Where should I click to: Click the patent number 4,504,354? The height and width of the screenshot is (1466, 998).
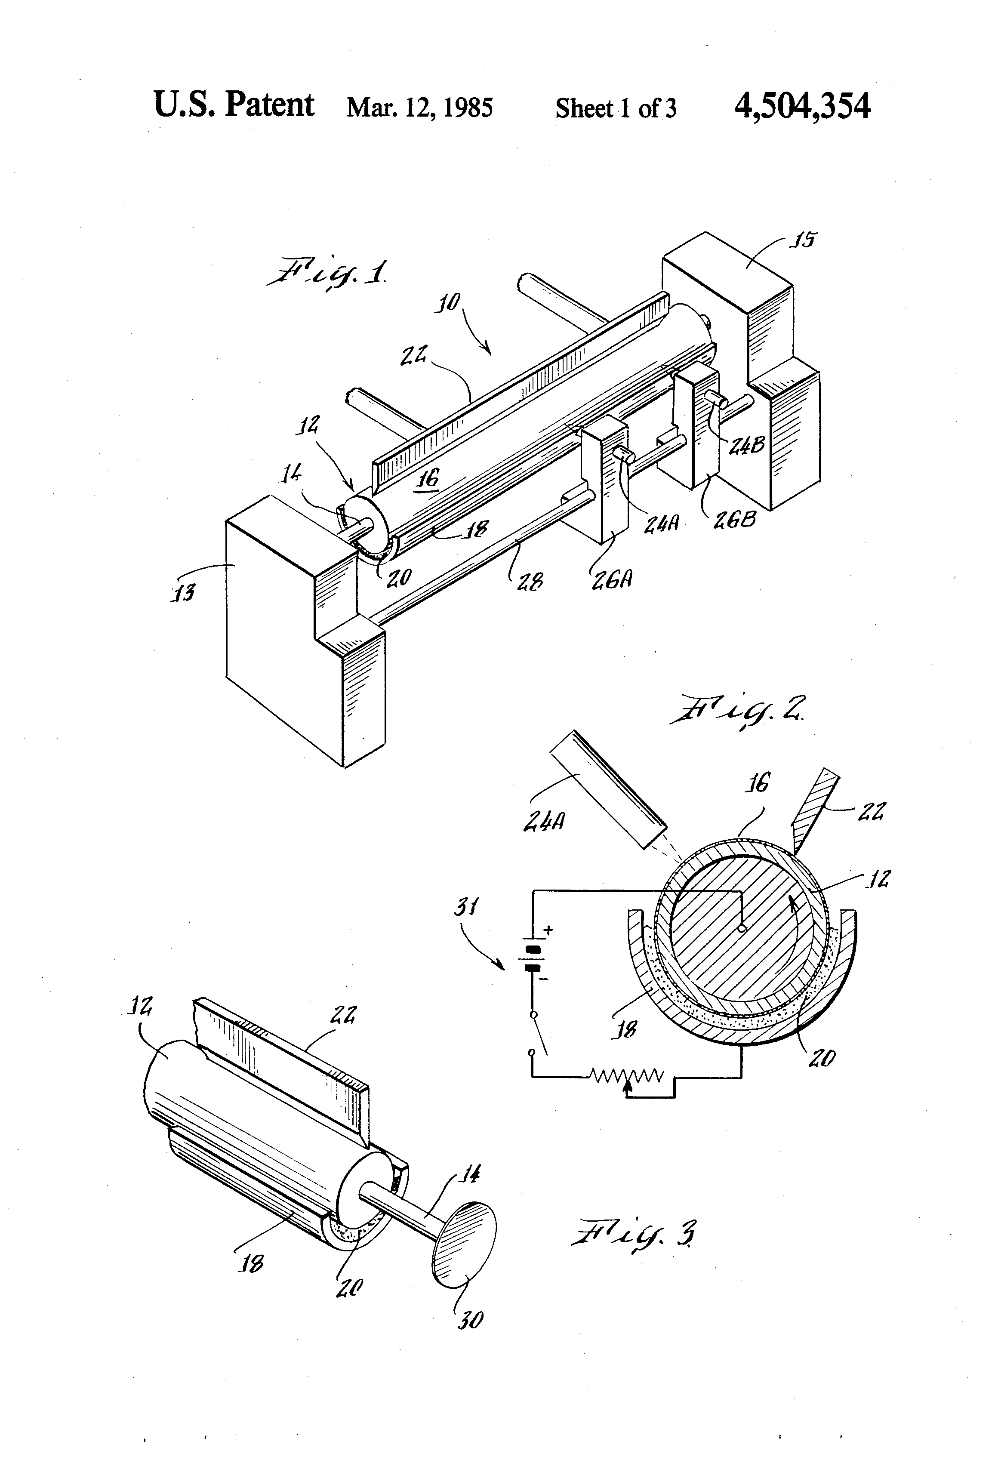click(802, 106)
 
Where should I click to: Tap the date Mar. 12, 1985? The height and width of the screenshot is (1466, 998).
click(419, 108)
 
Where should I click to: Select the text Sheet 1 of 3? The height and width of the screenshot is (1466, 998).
click(615, 108)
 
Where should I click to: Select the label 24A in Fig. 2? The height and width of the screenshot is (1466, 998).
click(544, 821)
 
